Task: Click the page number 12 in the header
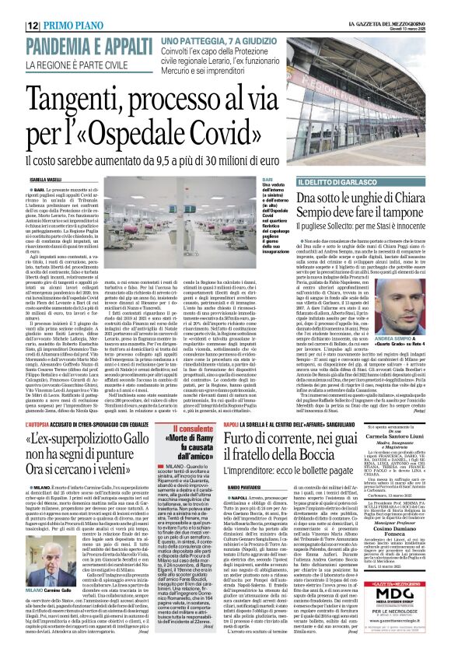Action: tap(33, 26)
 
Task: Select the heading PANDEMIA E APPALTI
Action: tap(80, 46)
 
